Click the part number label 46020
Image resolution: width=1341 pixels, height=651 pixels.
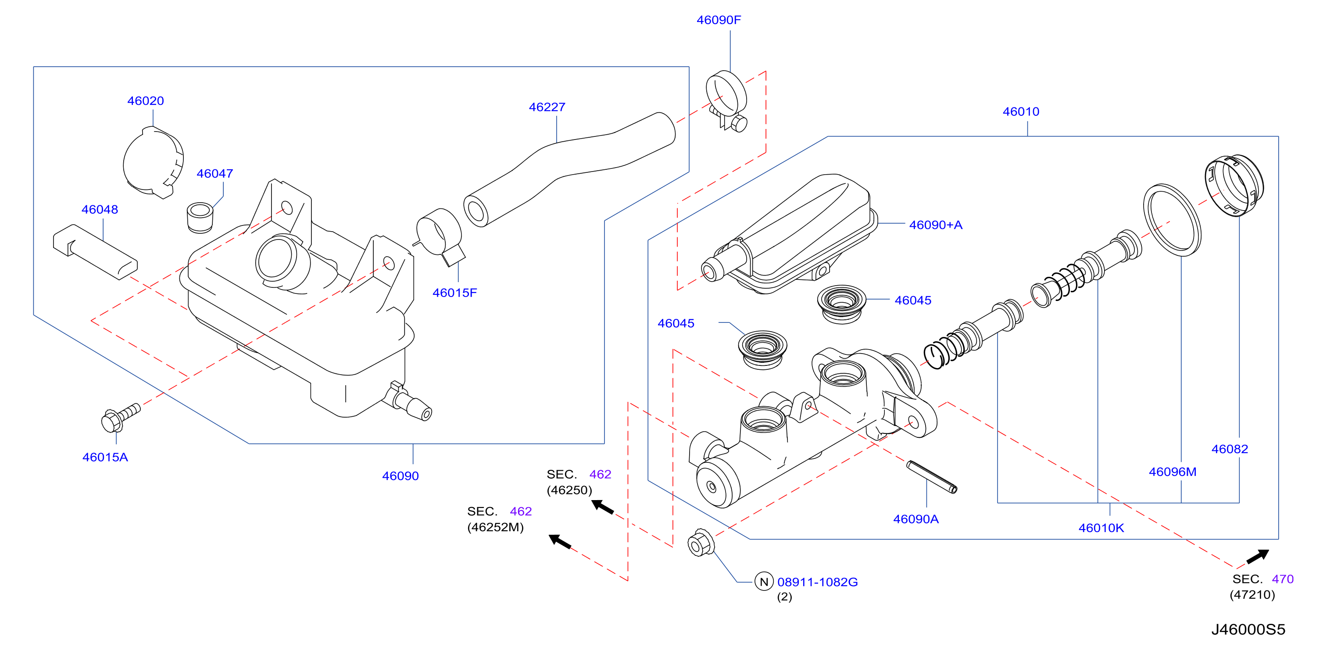pos(146,100)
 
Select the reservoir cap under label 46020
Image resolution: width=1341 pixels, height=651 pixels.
pos(153,163)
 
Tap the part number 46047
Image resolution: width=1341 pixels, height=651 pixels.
pos(215,173)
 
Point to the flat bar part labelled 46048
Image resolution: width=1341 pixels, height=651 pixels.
pos(95,252)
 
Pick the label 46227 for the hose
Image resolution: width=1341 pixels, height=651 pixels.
pos(547,107)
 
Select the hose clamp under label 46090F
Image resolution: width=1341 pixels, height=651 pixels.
pos(727,100)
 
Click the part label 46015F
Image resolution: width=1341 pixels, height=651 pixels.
pos(454,293)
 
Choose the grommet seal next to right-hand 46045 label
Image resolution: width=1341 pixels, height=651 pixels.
pos(841,304)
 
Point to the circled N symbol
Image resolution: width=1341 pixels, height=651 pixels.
pos(764,582)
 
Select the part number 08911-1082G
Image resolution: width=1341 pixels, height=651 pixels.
pos(817,582)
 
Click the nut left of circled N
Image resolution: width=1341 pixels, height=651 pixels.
pos(701,543)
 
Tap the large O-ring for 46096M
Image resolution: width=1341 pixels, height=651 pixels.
pos(1172,220)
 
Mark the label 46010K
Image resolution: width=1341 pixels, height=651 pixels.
pos(1101,528)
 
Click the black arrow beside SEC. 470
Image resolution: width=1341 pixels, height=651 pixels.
pos(1258,556)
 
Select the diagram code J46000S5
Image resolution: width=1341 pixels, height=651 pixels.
pos(1248,629)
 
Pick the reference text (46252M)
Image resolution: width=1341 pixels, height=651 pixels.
pos(495,527)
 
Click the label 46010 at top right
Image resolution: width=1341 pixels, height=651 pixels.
pos(1021,111)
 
